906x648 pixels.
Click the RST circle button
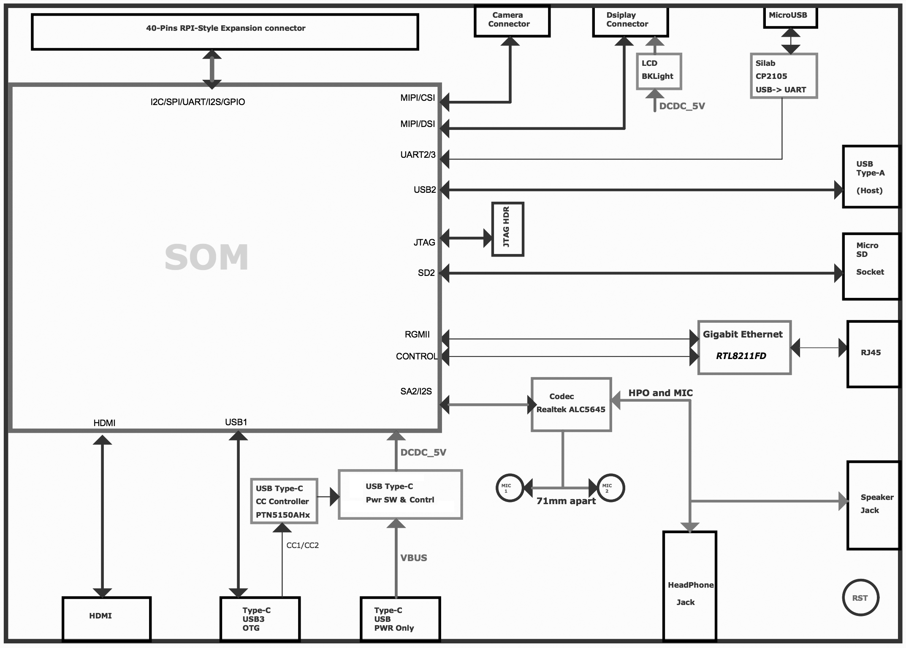[x=860, y=597]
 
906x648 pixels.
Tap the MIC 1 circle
[x=510, y=488]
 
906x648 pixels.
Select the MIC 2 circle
[x=610, y=488]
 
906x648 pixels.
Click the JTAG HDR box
[x=507, y=229]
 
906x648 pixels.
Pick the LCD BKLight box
[x=659, y=71]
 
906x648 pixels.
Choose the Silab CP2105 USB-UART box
[x=784, y=76]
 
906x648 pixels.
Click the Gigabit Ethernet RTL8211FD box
[x=744, y=347]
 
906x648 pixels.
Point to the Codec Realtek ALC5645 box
[x=571, y=404]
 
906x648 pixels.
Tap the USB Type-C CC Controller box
[x=284, y=501]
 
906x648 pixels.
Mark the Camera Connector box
[x=512, y=21]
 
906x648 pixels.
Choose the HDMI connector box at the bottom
[x=106, y=618]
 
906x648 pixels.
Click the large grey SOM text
[x=206, y=257]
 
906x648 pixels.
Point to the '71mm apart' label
[x=566, y=501]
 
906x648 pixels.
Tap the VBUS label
[x=414, y=558]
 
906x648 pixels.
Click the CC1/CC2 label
[x=302, y=545]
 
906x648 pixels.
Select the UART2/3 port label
[x=418, y=155]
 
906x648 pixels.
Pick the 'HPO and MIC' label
[x=660, y=393]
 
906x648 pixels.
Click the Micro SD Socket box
[x=871, y=266]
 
